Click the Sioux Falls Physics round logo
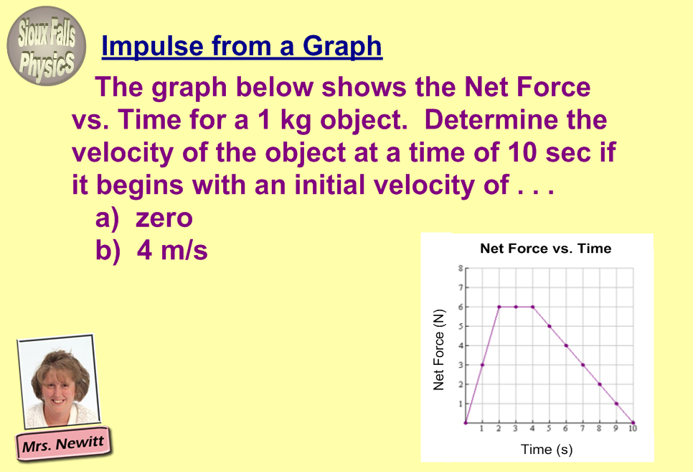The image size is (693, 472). [47, 46]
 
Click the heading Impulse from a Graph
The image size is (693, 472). [242, 46]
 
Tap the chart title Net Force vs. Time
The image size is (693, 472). [546, 249]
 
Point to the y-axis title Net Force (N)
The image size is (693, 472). [438, 350]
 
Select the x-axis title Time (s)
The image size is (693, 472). [547, 450]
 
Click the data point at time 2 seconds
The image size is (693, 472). [499, 307]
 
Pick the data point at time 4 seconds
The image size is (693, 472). [532, 307]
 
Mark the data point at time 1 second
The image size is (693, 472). [482, 365]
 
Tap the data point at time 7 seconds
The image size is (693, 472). [583, 365]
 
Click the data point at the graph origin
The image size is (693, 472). [466, 423]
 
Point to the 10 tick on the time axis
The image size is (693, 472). [633, 429]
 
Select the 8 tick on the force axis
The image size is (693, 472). [460, 268]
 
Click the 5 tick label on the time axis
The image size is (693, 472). [549, 429]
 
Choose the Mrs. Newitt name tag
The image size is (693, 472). [63, 443]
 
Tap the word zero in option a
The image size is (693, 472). [164, 218]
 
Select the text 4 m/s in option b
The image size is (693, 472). [172, 250]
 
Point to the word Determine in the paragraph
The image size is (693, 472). [491, 120]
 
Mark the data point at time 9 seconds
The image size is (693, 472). [616, 403]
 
